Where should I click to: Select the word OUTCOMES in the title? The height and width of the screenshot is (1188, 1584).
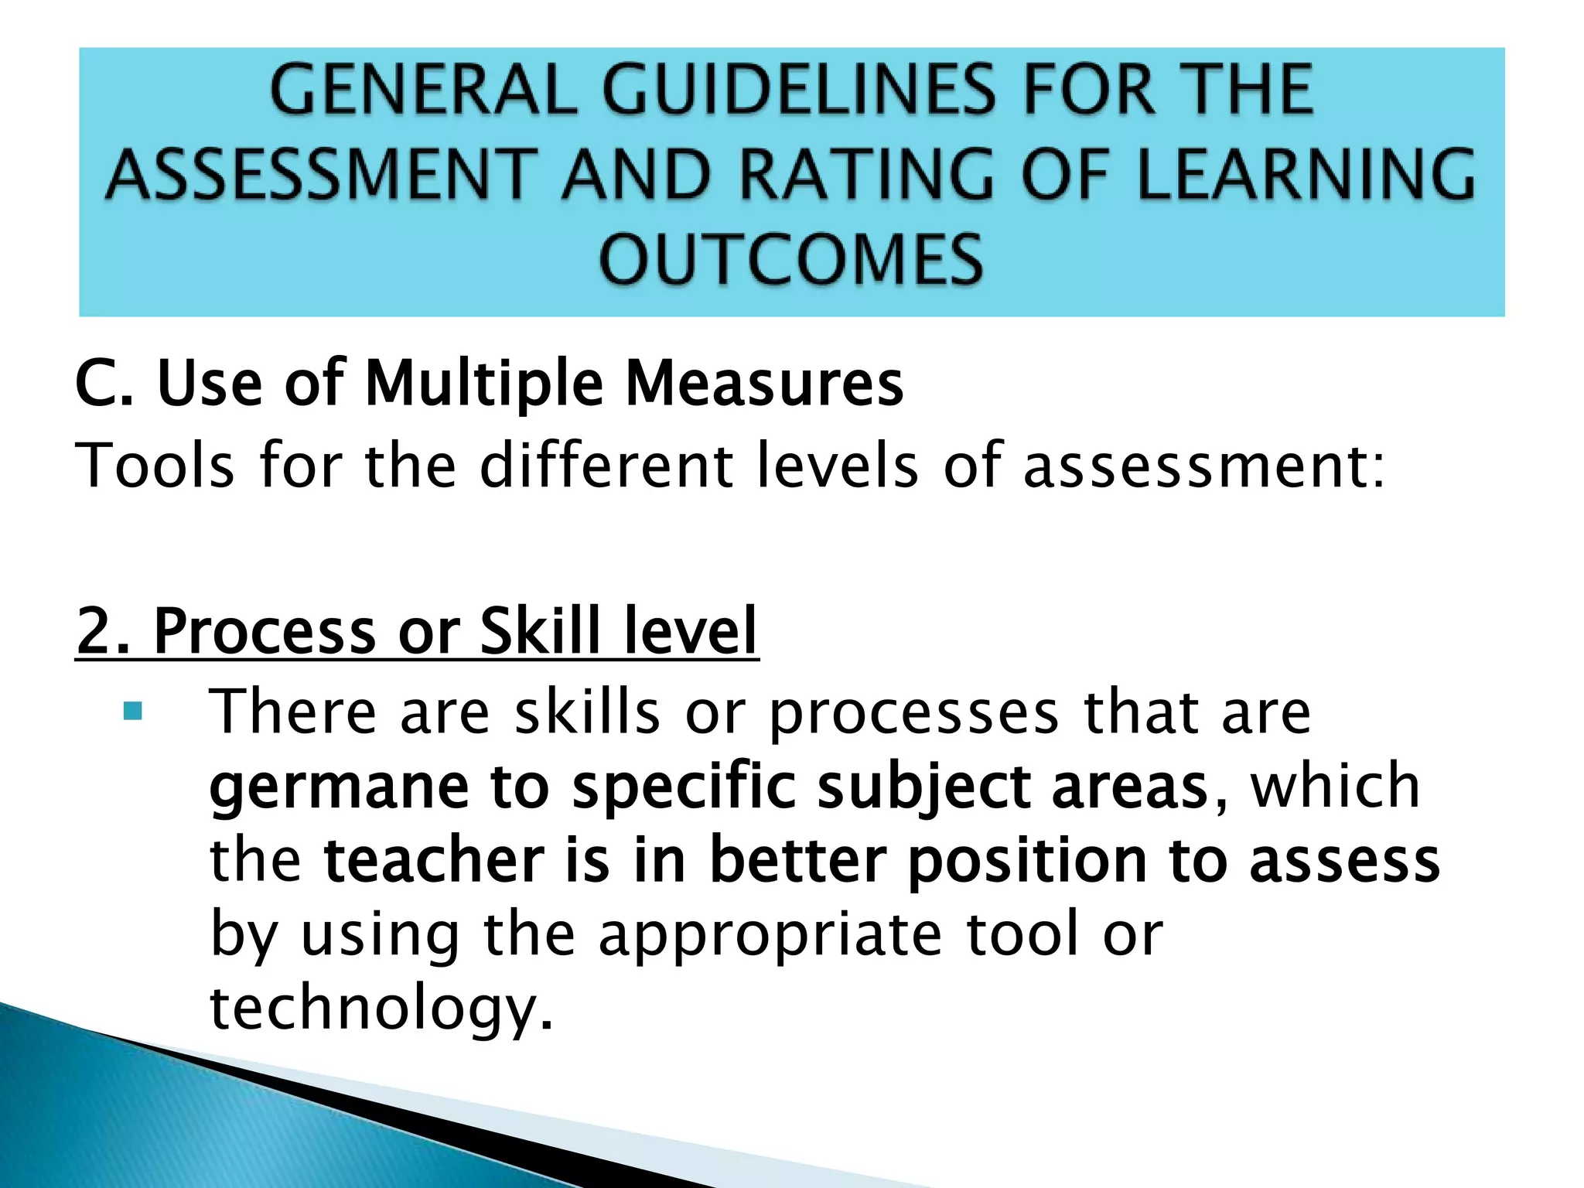tap(791, 260)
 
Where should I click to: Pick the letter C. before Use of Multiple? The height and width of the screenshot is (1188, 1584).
tap(104, 384)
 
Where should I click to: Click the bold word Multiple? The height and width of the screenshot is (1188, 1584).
tap(483, 384)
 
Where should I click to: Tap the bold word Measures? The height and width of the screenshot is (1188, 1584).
tap(764, 384)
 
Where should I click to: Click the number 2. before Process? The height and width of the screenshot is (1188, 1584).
tap(104, 631)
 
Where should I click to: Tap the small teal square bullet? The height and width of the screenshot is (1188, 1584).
tap(133, 711)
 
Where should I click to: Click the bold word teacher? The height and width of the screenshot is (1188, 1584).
tap(434, 862)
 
